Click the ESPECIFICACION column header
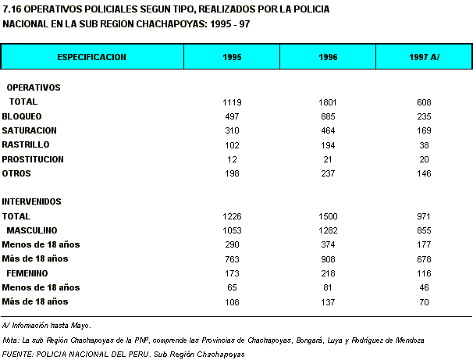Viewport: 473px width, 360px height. pyautogui.click(x=92, y=57)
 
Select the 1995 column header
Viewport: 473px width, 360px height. pyautogui.click(x=232, y=57)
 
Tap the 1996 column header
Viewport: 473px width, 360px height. pyautogui.click(x=328, y=57)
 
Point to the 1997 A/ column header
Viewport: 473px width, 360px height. pyautogui.click(x=424, y=57)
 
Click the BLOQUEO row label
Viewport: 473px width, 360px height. pyautogui.click(x=21, y=116)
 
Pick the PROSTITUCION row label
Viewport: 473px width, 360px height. pyautogui.click(x=33, y=159)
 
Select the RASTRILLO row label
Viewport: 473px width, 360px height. pyautogui.click(x=26, y=144)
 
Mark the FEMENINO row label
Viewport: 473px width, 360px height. pyautogui.click(x=30, y=273)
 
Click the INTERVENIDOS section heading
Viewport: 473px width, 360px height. pyautogui.click(x=32, y=201)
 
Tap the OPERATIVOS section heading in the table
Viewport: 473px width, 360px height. pyautogui.click(x=34, y=87)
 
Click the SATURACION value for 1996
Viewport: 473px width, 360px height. pyautogui.click(x=328, y=130)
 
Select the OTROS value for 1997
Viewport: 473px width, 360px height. pyautogui.click(x=424, y=173)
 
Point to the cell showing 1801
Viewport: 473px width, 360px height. pyautogui.click(x=328, y=102)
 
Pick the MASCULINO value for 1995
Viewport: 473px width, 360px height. pyautogui.click(x=232, y=230)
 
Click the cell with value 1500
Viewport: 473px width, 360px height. pyautogui.click(x=328, y=216)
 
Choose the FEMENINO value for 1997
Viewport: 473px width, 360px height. pyautogui.click(x=424, y=273)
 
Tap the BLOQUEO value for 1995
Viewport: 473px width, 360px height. pyautogui.click(x=232, y=116)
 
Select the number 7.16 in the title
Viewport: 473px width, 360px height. pyautogui.click(x=12, y=9)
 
